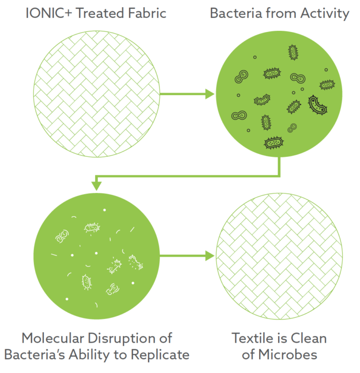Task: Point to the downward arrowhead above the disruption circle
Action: (95, 184)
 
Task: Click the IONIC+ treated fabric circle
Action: (97, 94)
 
